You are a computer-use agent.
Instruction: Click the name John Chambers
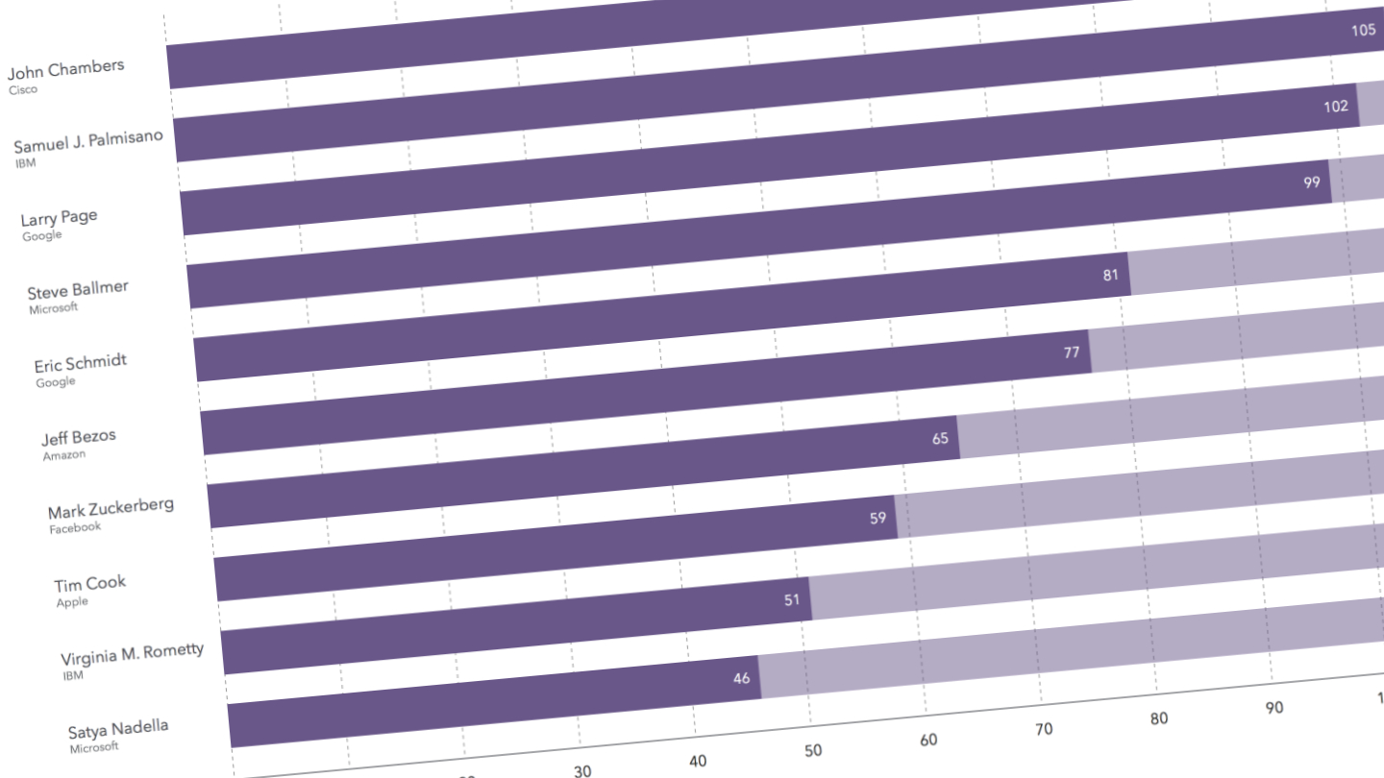(x=66, y=69)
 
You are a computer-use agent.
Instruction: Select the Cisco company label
(x=24, y=90)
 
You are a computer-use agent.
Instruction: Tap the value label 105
(x=1363, y=30)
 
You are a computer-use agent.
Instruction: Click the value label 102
(x=1336, y=107)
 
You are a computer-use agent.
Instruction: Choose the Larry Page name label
(x=60, y=217)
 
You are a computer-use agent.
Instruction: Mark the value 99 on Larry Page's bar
(x=1312, y=182)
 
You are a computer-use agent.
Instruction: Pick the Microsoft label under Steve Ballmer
(x=54, y=308)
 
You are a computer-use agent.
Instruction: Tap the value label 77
(x=1072, y=353)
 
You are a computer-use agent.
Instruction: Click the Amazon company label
(x=64, y=455)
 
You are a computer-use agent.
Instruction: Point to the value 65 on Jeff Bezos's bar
(x=940, y=439)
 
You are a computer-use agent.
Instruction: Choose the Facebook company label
(x=75, y=527)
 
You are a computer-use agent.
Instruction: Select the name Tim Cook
(x=90, y=584)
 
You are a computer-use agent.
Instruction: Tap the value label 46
(x=741, y=678)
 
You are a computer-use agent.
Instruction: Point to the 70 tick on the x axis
(x=1043, y=730)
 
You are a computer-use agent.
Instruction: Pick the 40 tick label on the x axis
(x=698, y=761)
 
